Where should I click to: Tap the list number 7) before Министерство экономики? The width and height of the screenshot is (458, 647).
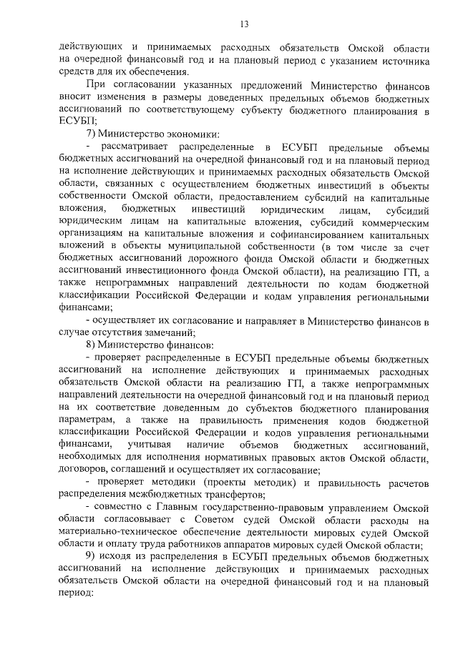pyautogui.click(x=92, y=135)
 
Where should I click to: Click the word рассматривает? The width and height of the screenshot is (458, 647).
pyautogui.click(x=136, y=147)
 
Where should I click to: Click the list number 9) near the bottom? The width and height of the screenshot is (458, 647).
pyautogui.click(x=92, y=558)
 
